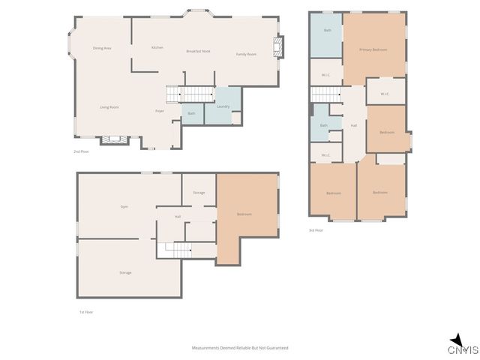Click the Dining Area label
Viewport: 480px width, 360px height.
(x=102, y=48)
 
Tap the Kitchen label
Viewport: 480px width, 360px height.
(x=157, y=47)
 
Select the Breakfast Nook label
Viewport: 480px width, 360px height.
(x=198, y=51)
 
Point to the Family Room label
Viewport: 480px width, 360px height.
(x=246, y=54)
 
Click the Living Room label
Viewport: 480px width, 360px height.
(x=109, y=107)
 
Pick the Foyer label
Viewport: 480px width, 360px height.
(x=160, y=111)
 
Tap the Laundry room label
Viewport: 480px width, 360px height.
(x=223, y=106)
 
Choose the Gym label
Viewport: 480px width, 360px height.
(x=124, y=206)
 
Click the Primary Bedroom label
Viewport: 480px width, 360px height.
(x=373, y=49)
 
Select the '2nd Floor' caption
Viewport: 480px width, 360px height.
(x=81, y=151)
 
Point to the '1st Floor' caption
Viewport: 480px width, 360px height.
(x=86, y=312)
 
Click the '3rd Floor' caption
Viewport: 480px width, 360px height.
(x=316, y=231)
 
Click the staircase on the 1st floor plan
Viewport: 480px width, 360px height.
(x=175, y=249)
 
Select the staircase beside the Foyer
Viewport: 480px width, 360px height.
(x=196, y=94)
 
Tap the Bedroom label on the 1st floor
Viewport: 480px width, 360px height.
(x=244, y=214)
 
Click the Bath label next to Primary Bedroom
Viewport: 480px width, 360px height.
(x=328, y=31)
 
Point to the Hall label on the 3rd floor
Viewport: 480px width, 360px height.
(x=353, y=125)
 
